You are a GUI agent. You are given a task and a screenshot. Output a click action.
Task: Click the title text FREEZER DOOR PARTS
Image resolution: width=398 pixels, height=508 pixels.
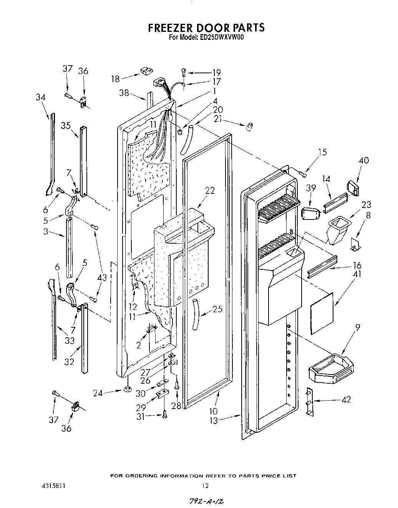206,28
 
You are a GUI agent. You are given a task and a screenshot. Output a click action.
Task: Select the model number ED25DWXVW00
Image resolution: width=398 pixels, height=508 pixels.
222,38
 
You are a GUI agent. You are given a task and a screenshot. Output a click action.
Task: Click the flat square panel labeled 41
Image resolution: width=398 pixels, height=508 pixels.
321,313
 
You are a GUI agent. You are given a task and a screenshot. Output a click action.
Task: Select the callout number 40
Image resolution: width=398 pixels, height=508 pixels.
363,160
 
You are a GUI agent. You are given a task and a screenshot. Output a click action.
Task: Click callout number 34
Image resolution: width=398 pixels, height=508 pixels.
40,97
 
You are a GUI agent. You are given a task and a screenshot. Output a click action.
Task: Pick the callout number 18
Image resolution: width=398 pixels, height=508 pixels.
116,79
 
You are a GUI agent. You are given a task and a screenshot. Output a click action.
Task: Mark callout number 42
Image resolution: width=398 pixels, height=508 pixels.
347,399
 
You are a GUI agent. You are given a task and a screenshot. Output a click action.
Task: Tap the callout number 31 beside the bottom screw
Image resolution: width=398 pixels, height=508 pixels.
141,416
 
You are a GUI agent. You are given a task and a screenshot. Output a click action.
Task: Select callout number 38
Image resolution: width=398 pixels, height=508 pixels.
124,93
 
